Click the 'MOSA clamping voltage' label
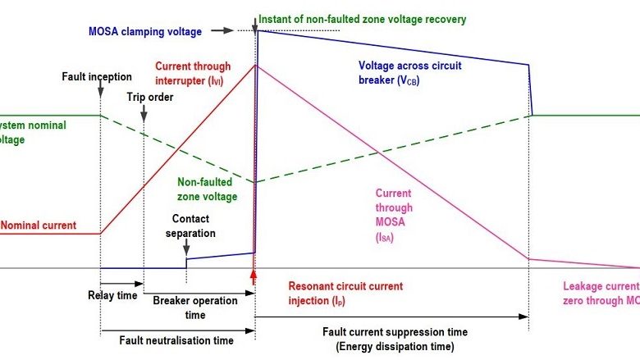click(145, 33)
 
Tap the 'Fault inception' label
click(96, 77)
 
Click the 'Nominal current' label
click(39, 225)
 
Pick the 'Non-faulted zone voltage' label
click(207, 190)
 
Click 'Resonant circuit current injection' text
click(345, 293)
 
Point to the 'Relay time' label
click(112, 295)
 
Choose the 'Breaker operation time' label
click(195, 308)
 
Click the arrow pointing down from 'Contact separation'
click(186, 249)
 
